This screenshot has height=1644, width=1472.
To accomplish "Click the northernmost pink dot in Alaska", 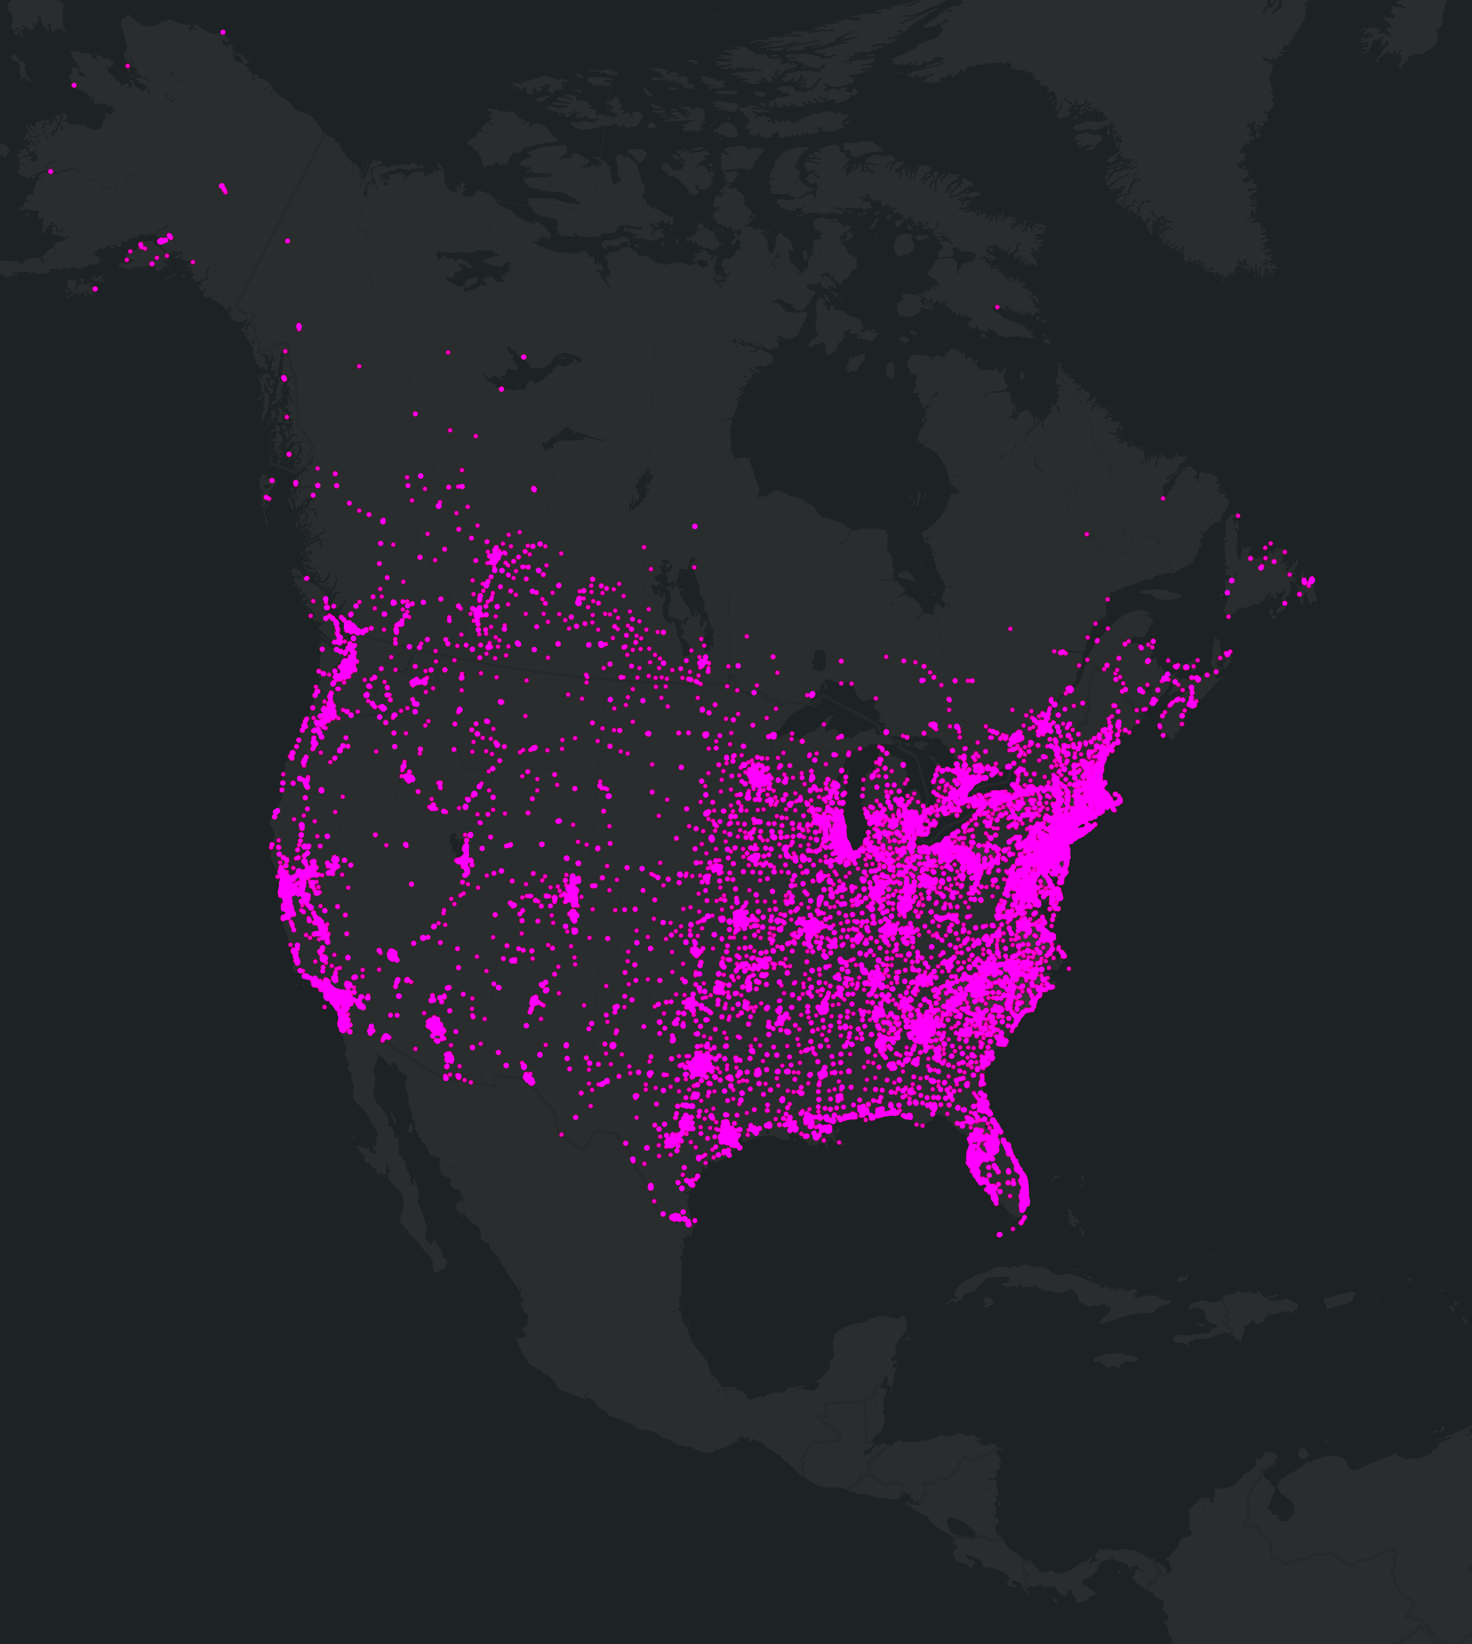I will coord(223,32).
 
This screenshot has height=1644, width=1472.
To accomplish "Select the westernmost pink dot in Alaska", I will coord(50,171).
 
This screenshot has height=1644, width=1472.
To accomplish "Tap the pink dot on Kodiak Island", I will coord(95,289).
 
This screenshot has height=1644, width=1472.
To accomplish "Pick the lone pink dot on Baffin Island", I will coord(996,307).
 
